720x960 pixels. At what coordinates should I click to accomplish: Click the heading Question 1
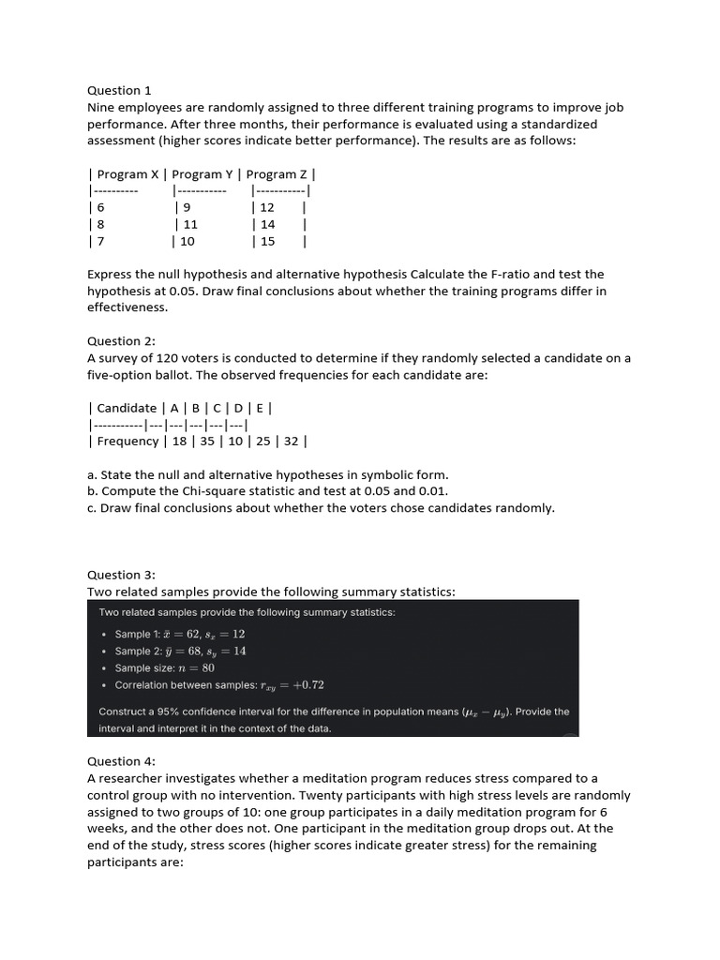pos(119,91)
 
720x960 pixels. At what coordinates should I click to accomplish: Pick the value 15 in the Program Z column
pos(267,241)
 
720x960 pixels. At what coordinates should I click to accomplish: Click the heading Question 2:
pos(121,341)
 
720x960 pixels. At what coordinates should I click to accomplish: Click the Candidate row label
pos(127,408)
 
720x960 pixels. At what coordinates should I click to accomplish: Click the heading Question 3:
pos(121,575)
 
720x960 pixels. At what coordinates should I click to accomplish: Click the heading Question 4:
pos(121,761)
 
